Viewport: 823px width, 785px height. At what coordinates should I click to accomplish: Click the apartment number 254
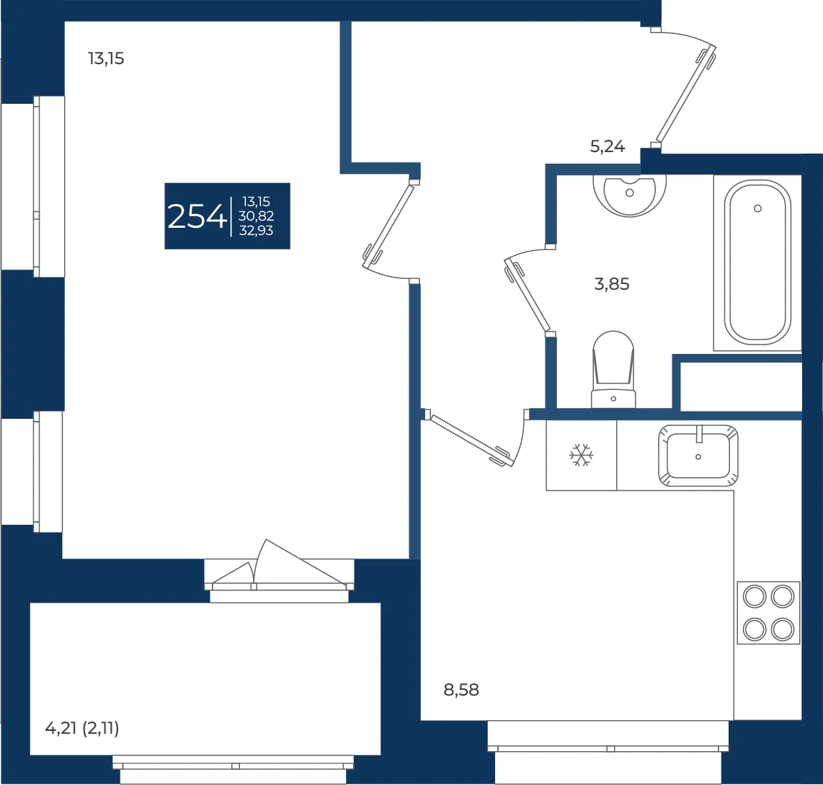(197, 216)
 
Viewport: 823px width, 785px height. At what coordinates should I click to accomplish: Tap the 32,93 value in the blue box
(256, 231)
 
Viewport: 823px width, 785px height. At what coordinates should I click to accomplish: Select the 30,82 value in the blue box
(256, 216)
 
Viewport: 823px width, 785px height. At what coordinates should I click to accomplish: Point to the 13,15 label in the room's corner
(106, 58)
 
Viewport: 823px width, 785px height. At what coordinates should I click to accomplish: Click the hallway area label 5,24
(608, 146)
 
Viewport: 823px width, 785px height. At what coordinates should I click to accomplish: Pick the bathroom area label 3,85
(611, 284)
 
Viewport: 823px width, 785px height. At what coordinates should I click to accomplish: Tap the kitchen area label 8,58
(461, 689)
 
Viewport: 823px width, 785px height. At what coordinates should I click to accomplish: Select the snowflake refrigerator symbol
(581, 455)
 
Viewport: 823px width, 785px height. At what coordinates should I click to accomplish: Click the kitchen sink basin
(698, 456)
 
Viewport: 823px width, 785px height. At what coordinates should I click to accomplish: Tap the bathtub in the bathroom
(757, 261)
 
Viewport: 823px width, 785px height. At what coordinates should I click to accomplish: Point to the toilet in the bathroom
(613, 369)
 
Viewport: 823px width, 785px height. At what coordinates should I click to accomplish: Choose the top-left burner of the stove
(755, 597)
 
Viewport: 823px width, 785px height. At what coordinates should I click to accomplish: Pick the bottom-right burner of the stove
(783, 629)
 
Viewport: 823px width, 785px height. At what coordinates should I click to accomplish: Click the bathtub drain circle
(757, 208)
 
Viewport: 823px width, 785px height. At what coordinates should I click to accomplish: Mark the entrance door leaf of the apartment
(686, 94)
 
